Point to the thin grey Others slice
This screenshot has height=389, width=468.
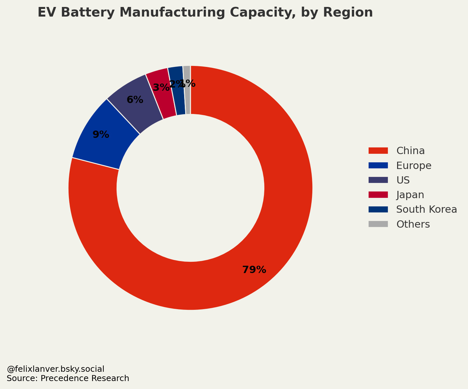tap(187, 99)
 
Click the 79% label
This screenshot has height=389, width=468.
tap(254, 270)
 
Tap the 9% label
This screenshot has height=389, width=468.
tap(101, 135)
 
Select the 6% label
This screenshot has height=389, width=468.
tap(135, 100)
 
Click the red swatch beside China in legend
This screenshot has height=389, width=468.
tap(378, 151)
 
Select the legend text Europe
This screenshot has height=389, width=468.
tap(414, 165)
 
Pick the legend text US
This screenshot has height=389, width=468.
tap(403, 180)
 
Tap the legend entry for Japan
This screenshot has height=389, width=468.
tap(410, 195)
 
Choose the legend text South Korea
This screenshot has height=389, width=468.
tap(426, 209)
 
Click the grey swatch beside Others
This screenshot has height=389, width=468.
tap(378, 224)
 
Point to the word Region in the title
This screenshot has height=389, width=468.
tap(348, 13)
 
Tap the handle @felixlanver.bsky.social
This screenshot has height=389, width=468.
tap(55, 369)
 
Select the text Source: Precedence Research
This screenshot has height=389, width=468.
tap(68, 378)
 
